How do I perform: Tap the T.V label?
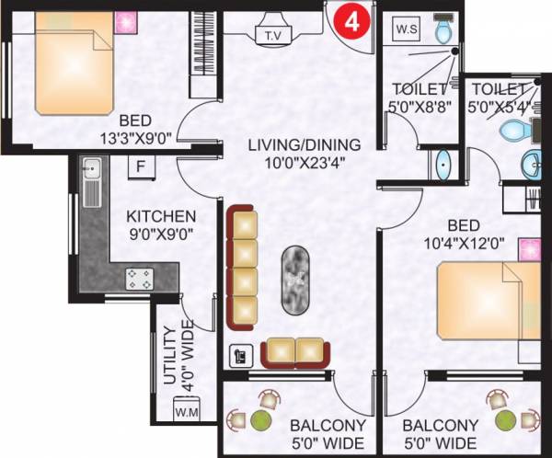tap(273, 36)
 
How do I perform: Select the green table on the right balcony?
tap(505, 420)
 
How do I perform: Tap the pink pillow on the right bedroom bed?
tap(528, 249)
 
